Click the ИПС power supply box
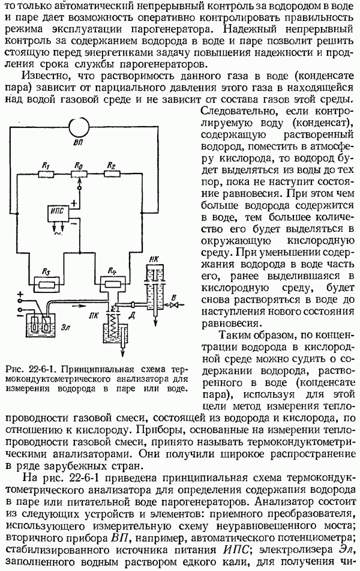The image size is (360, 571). [x=63, y=214]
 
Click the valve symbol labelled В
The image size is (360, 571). [x=173, y=305]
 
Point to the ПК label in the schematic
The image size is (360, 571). [x=92, y=313]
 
